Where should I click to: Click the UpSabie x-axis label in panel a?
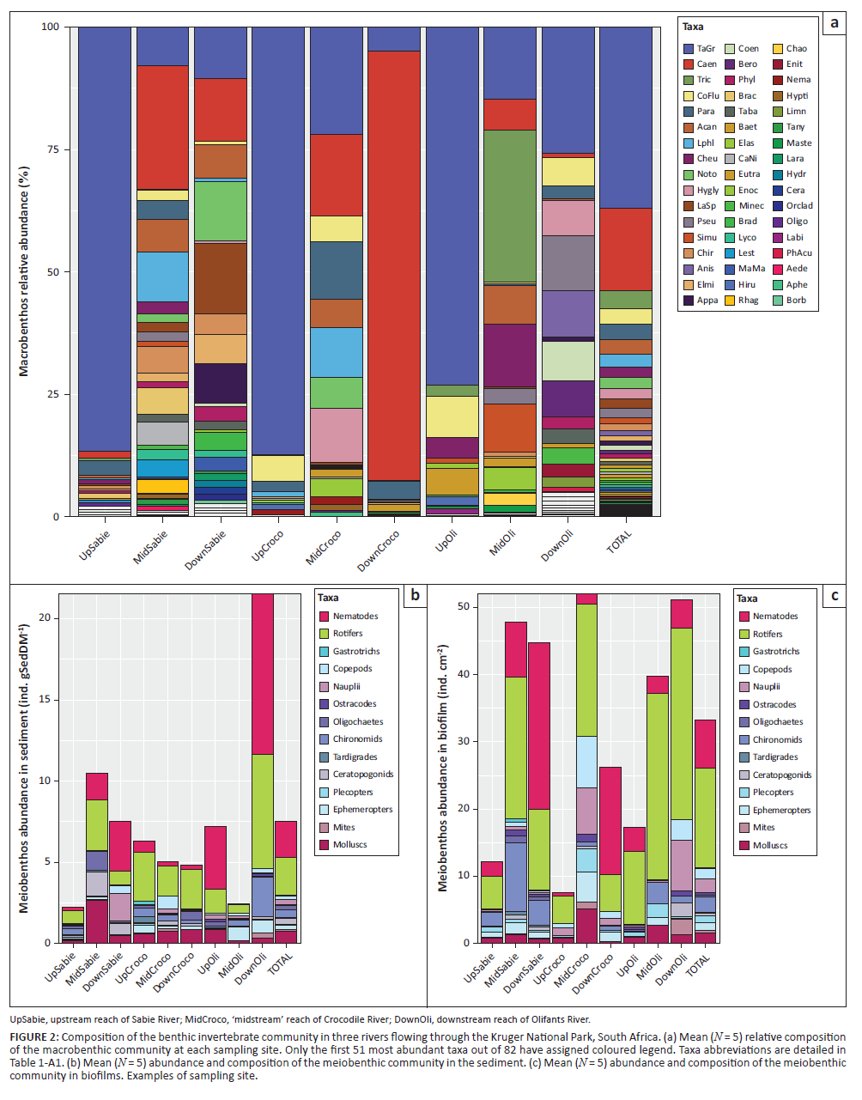pos(95,545)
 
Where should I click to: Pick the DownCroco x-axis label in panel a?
pos(379,550)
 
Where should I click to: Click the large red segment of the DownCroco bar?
pos(394,258)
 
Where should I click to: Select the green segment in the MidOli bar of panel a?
pos(510,206)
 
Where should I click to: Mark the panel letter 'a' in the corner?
pos(834,23)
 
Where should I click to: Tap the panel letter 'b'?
pos(415,594)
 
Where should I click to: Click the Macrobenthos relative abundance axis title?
pos(24,271)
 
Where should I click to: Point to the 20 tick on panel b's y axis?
pos(44,618)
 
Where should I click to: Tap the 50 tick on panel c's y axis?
pos(464,606)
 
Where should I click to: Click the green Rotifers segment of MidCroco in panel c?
pos(586,670)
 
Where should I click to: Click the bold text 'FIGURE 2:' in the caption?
pos(34,1036)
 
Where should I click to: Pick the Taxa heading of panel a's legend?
pos(693,27)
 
